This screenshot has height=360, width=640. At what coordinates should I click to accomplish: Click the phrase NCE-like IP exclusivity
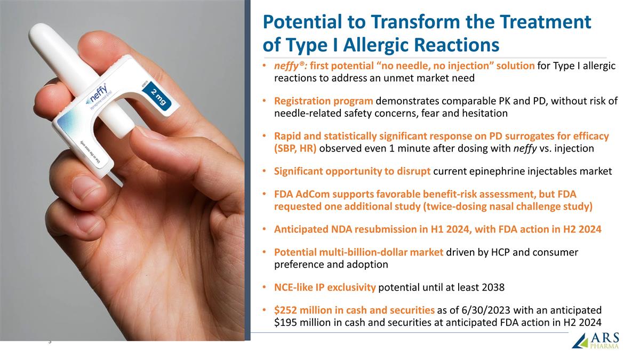click(x=325, y=287)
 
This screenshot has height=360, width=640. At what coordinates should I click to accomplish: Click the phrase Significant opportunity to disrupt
click(x=352, y=171)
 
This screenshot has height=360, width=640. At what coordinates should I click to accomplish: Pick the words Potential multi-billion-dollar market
click(x=358, y=252)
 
